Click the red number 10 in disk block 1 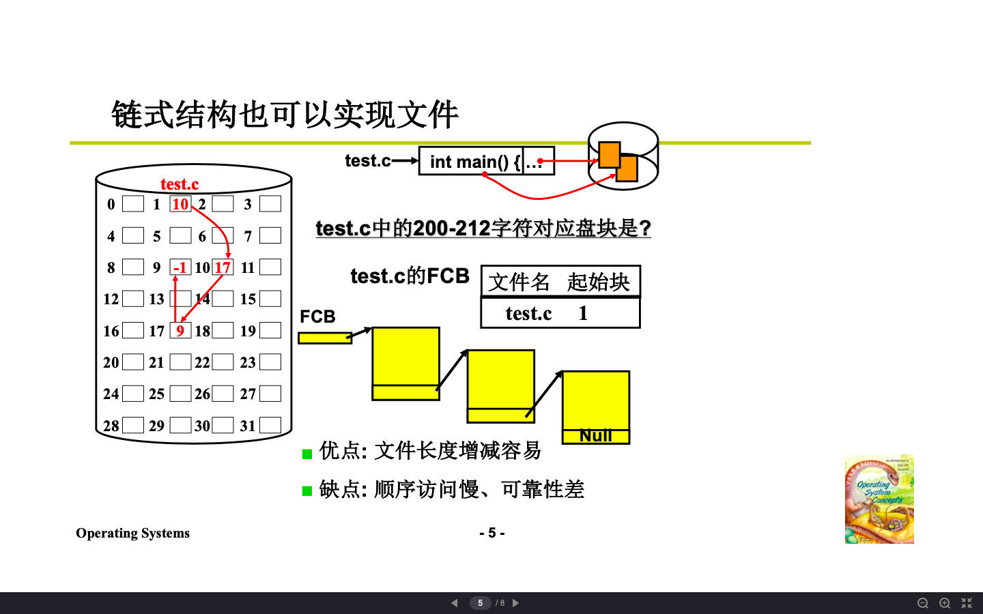180,204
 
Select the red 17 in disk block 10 223,267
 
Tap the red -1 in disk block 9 180,267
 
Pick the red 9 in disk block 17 180,331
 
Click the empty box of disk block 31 270,426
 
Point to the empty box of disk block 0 133,204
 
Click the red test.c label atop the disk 180,184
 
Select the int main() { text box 471,162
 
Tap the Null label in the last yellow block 596,436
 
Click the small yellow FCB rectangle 324,338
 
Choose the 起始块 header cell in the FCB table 598,282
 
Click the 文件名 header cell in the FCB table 519,282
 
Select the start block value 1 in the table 583,313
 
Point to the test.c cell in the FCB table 528,313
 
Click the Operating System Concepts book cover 879,499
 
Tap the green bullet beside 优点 307,454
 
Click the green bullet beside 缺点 307,491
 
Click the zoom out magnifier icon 922,603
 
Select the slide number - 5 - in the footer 491,533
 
